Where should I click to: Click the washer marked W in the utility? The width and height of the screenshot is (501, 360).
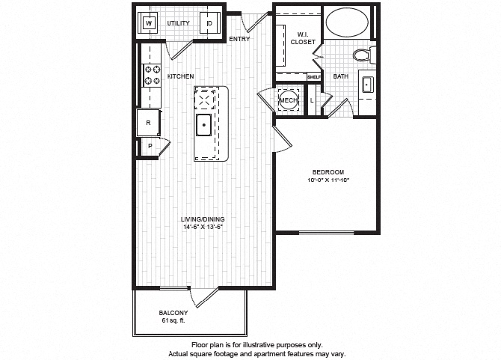(149, 23)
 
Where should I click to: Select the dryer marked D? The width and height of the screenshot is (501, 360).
(210, 23)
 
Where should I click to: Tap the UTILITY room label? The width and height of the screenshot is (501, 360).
(178, 23)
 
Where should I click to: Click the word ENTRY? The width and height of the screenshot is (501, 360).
(239, 39)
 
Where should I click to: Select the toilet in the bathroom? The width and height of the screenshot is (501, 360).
(362, 55)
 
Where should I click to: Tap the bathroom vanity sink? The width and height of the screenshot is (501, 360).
(367, 85)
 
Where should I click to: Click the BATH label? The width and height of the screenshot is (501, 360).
(340, 76)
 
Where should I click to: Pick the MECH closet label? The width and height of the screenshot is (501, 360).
(288, 100)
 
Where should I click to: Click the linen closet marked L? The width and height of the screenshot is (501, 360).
(312, 100)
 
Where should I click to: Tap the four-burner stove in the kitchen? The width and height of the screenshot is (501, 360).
(152, 75)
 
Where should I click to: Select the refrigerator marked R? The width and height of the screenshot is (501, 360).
(148, 122)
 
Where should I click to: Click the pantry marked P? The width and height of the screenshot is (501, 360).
(149, 147)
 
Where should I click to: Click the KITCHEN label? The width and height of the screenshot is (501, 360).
(181, 76)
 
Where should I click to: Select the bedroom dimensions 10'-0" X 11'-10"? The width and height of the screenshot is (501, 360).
(328, 180)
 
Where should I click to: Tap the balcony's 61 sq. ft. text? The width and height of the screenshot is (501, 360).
(173, 320)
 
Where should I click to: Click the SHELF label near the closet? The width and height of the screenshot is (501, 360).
(313, 76)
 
